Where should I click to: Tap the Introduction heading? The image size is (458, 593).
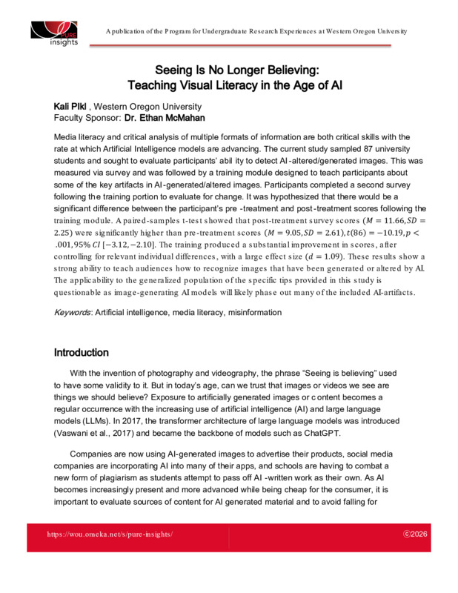coord(82,352)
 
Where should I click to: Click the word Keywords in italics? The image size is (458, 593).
coord(72,313)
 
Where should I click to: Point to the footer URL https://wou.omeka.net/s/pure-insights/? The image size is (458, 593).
coord(110,534)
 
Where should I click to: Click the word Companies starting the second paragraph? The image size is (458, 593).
coord(95,452)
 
